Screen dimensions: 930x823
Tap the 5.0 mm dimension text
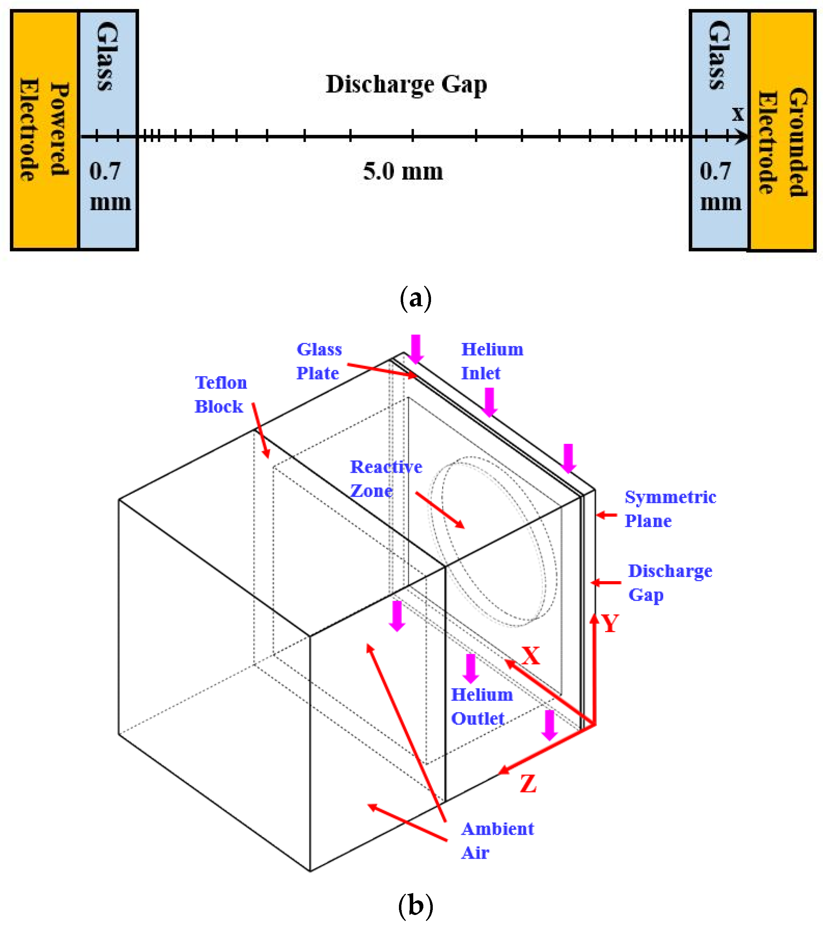pyautogui.click(x=403, y=171)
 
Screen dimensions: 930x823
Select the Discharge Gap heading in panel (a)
pyautogui.click(x=406, y=85)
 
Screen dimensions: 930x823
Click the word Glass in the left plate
pyautogui.click(x=108, y=57)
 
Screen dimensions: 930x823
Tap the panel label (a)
pyautogui.click(x=415, y=299)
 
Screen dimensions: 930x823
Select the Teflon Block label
pyautogui.click(x=221, y=395)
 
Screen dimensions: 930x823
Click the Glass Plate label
pyautogui.click(x=318, y=361)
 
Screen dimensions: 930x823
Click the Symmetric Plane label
pyautogui.click(x=669, y=509)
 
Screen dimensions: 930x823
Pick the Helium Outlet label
pyautogui.click(x=481, y=706)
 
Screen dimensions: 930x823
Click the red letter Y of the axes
pyautogui.click(x=610, y=623)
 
